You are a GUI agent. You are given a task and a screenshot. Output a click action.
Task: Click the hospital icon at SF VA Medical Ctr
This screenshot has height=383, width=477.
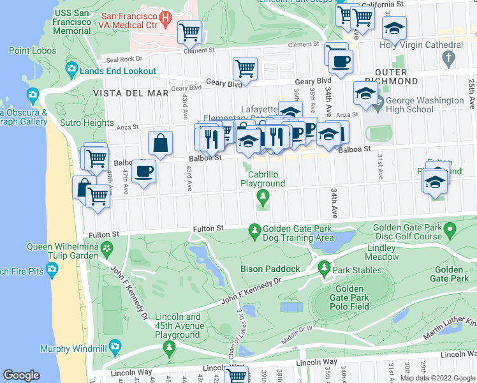[166, 19]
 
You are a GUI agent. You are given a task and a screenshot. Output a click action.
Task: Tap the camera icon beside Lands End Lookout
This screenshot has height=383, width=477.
[71, 69]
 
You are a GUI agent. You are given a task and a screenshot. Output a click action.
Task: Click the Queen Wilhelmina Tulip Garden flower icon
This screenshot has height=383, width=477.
[108, 248]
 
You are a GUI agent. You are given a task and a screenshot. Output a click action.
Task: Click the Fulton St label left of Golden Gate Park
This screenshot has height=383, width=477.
[209, 228]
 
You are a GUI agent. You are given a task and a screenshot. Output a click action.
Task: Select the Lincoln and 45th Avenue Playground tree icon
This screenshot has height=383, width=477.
[170, 347]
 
